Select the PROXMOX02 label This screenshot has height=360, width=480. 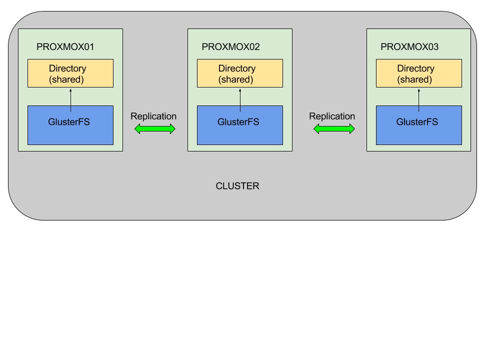click(x=230, y=47)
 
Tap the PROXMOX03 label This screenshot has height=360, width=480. click(x=409, y=47)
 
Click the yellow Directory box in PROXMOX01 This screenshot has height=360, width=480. click(x=70, y=73)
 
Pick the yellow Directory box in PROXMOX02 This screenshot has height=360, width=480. click(x=240, y=73)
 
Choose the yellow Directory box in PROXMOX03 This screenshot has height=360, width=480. click(x=419, y=73)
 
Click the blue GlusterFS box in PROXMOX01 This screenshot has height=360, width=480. click(x=70, y=125)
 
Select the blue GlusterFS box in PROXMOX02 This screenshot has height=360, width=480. click(x=240, y=125)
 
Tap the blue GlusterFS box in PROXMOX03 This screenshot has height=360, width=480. click(x=419, y=125)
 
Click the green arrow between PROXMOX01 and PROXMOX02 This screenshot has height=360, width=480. click(x=155, y=129)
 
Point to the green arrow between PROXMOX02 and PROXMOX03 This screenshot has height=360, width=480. click(x=334, y=129)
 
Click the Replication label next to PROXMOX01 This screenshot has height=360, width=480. click(x=153, y=116)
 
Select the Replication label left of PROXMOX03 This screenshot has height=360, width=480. click(x=332, y=116)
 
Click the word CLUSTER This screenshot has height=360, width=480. click(x=237, y=186)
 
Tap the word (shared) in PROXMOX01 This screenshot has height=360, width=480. click(x=66, y=79)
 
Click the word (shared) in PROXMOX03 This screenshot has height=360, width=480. click(x=414, y=79)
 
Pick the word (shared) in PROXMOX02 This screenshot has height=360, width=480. click(x=235, y=79)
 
